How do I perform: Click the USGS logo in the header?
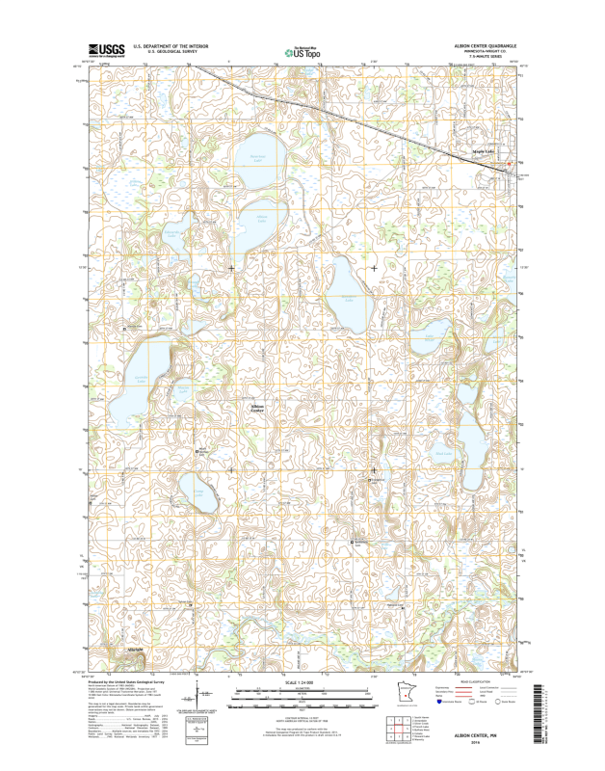(107, 48)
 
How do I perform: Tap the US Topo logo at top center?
(303, 50)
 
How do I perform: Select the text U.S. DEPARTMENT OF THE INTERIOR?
(171, 44)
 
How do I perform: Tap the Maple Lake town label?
(483, 151)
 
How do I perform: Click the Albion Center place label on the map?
(257, 410)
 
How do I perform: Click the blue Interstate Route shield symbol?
(440, 703)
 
